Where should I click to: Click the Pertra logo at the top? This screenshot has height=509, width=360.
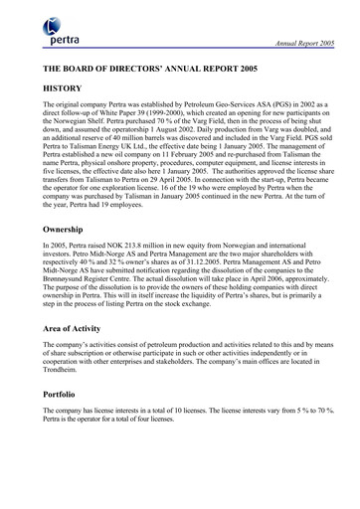coord(63,34)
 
